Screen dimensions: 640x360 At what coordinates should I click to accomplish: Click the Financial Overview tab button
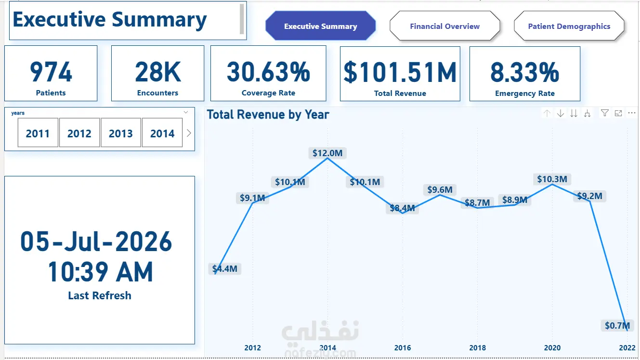tap(444, 26)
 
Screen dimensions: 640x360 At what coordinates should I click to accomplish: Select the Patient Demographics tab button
tap(569, 26)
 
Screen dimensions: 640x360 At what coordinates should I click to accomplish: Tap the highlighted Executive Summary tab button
tap(320, 26)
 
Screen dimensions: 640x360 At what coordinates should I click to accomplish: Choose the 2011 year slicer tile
tap(38, 133)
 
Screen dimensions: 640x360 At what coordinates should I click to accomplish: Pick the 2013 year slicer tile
tap(121, 133)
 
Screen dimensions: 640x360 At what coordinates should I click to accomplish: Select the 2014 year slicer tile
tap(162, 133)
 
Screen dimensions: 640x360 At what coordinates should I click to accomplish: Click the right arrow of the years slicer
tap(189, 133)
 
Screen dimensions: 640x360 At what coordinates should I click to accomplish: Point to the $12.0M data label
tap(327, 153)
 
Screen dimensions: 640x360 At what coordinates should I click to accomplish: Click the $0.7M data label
tap(617, 325)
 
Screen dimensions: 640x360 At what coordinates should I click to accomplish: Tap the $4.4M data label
tap(224, 268)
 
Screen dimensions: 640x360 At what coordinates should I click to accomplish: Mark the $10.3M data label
tap(552, 179)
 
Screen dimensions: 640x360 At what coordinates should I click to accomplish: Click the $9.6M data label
tap(440, 189)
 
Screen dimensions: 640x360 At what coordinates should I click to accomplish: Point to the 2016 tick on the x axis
tap(403, 347)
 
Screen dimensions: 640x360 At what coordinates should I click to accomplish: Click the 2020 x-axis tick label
tap(552, 347)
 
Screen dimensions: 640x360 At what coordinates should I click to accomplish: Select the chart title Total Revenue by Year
tap(268, 115)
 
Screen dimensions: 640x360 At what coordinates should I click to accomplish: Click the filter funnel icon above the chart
tap(604, 113)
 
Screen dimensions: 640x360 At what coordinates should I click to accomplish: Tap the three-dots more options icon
tap(632, 113)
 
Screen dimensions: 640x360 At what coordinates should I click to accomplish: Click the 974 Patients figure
tap(51, 72)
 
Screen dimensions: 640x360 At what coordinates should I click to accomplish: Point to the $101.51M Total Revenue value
tap(400, 73)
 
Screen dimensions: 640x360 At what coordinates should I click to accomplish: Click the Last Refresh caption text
tap(100, 295)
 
